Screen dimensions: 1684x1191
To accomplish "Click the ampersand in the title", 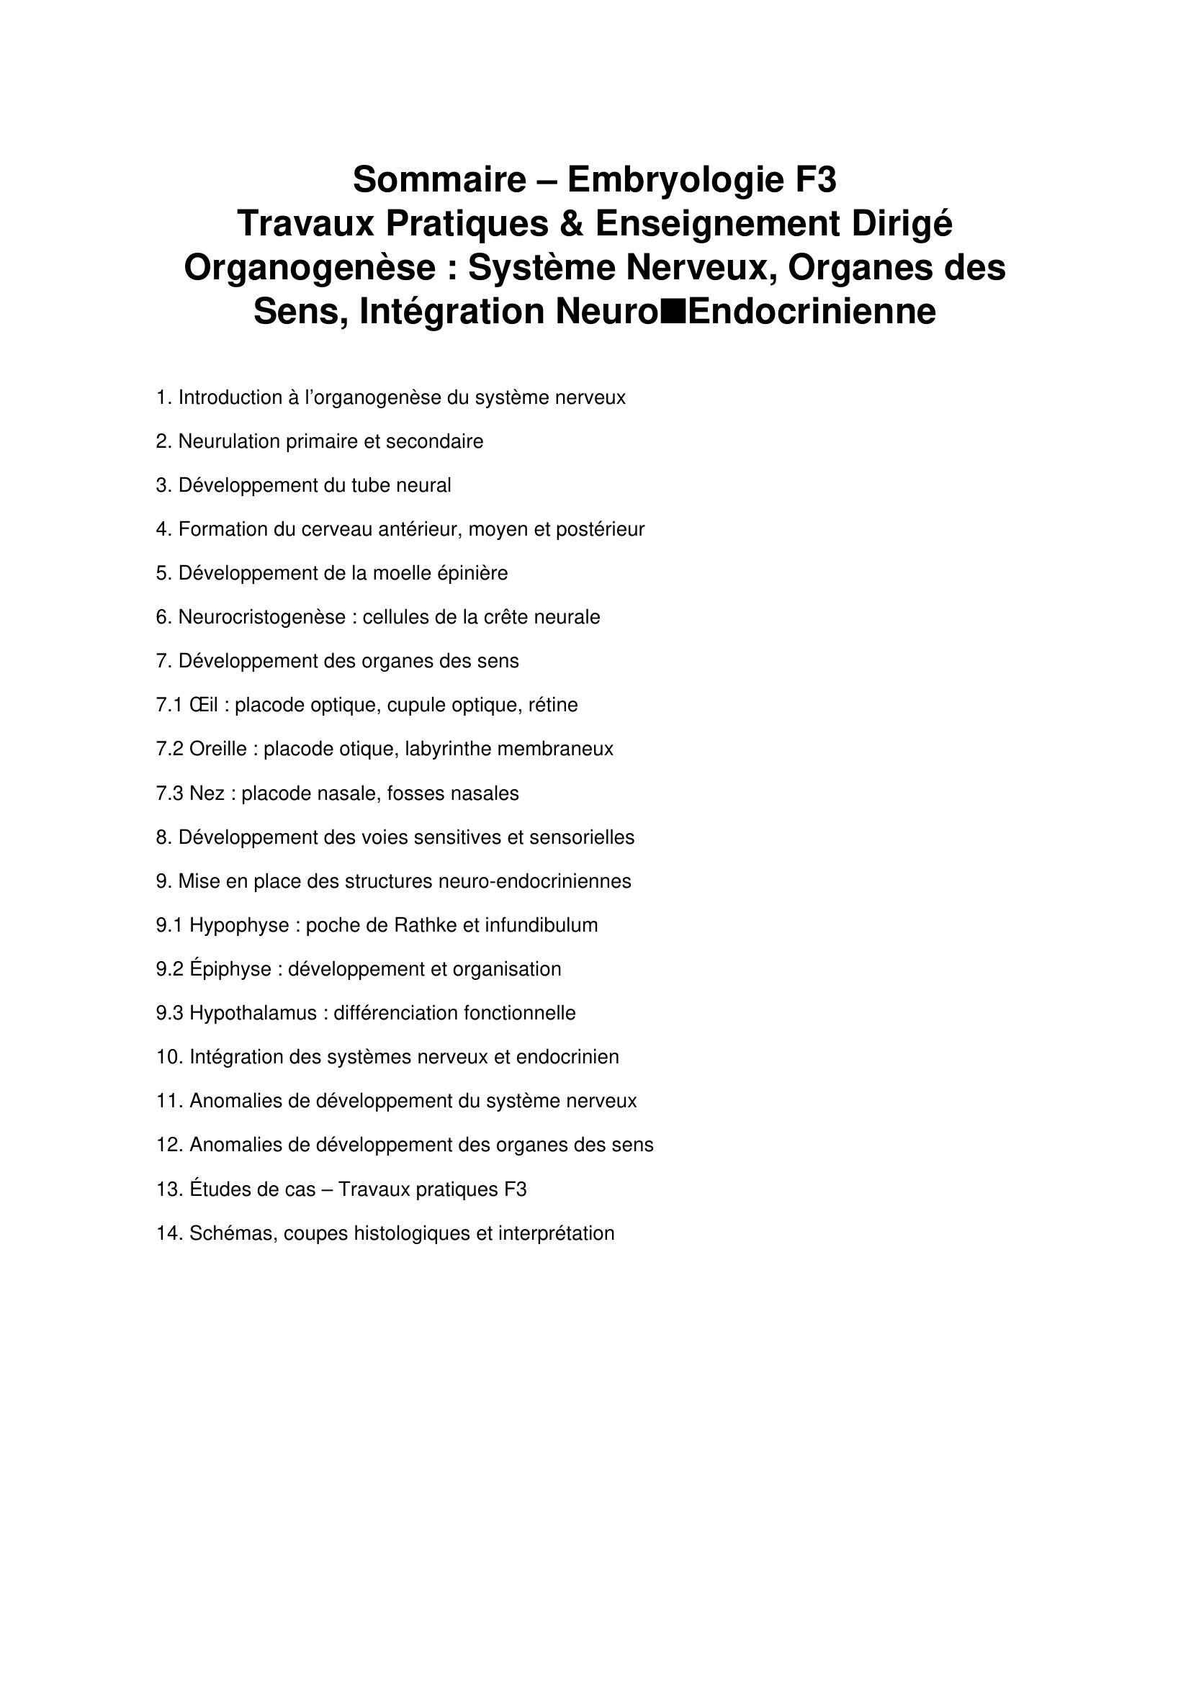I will tap(571, 224).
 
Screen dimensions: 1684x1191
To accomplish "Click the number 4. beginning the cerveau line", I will tap(163, 530).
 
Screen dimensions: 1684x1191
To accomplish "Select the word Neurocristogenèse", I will tap(262, 618).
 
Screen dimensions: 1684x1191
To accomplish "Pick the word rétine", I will tap(553, 706).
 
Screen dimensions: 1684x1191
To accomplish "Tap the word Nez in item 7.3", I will tap(207, 793).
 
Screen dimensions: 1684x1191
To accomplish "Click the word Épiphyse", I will tap(230, 970).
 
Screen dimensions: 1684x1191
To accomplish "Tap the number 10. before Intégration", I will tap(168, 1058).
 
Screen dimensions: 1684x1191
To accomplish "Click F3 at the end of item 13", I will tap(516, 1189).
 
